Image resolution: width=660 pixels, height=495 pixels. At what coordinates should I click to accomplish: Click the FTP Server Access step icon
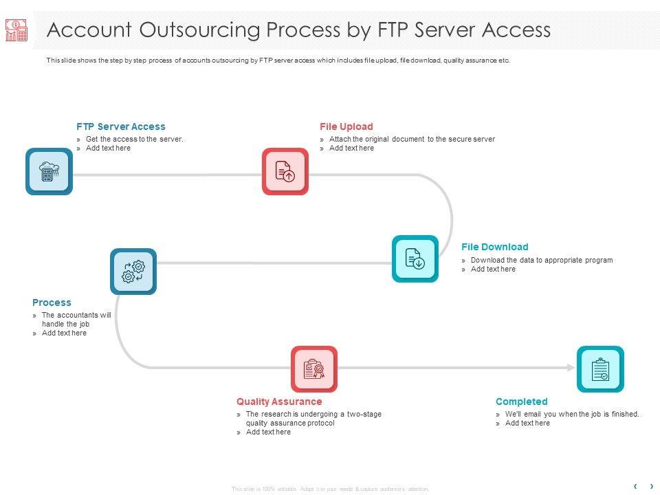pos(49,172)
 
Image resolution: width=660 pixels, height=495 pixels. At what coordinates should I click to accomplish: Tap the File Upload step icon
pos(285,171)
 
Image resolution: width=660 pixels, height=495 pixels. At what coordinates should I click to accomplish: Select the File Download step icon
pos(415,258)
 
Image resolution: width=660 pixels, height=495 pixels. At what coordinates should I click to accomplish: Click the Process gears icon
pos(133,272)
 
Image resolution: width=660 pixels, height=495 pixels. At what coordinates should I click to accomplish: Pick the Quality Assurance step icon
pos(314,369)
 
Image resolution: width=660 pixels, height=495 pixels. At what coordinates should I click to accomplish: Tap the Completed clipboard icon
pos(600,369)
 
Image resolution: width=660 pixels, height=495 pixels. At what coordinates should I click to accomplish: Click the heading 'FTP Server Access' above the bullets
pos(121,126)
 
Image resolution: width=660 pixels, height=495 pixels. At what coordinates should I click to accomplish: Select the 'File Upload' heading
pos(346,126)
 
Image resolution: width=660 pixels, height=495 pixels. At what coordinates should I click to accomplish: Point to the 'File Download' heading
pos(495,247)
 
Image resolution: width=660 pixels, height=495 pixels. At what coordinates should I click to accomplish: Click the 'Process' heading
pos(52,302)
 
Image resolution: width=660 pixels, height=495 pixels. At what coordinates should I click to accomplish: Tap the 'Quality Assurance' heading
pos(279,401)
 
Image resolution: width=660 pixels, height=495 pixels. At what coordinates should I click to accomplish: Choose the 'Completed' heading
pos(522,401)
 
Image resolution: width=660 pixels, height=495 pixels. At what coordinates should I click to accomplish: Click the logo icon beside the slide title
pos(16,30)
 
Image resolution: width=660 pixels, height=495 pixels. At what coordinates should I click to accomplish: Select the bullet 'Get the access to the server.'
pos(135,139)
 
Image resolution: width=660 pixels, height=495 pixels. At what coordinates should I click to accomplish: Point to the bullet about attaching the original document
pos(412,139)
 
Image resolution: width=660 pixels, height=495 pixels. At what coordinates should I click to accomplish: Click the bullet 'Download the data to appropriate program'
pos(542,260)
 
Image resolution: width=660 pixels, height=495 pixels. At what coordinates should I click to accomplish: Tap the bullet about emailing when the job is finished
pos(572,414)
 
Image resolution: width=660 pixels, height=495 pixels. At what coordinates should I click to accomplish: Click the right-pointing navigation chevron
pos(652,487)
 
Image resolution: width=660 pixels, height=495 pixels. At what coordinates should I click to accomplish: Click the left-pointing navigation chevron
pos(635,487)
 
